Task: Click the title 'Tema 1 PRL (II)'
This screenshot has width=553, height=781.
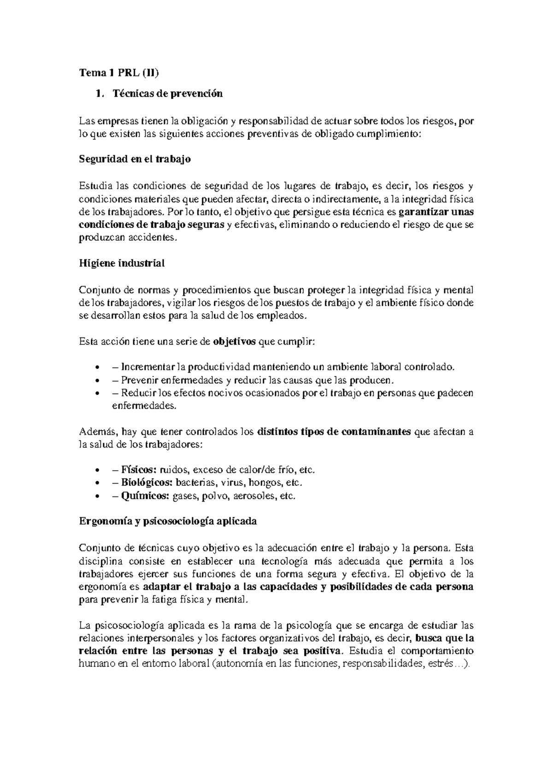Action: [121, 72]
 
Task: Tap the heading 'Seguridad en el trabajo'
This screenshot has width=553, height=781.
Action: [135, 159]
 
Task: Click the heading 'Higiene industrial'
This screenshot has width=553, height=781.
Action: [122, 263]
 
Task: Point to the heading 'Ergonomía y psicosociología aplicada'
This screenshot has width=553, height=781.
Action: [168, 521]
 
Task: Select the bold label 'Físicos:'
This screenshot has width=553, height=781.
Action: [139, 470]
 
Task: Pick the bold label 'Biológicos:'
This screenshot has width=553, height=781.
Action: [147, 483]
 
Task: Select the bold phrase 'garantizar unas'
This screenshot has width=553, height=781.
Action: [435, 212]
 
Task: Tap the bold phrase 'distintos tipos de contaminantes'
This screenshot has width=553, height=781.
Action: [334, 432]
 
